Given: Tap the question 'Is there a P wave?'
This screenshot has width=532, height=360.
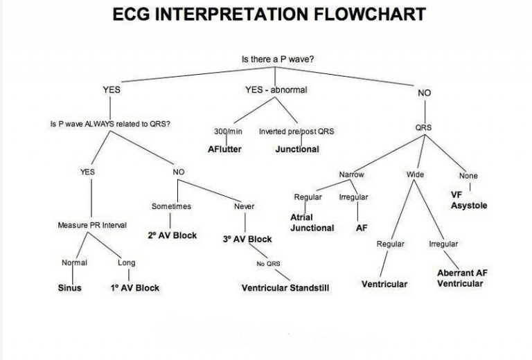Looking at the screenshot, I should click(x=277, y=60).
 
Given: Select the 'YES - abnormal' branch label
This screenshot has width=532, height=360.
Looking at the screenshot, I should click(x=276, y=90).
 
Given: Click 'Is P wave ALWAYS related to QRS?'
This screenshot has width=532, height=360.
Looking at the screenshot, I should click(x=111, y=125).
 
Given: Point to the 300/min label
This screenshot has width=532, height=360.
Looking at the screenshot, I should click(x=227, y=132).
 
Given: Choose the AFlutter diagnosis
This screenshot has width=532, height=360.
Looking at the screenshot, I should click(x=224, y=149).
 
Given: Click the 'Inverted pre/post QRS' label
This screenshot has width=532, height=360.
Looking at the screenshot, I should click(x=296, y=132).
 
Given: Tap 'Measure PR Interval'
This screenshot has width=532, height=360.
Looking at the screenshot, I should click(x=92, y=226).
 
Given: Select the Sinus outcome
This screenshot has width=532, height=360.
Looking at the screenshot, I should click(x=69, y=288).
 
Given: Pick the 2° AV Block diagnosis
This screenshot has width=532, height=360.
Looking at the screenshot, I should click(x=172, y=235).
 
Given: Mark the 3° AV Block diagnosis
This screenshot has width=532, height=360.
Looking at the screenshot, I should click(x=247, y=240).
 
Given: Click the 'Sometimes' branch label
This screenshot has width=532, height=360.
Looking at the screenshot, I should click(x=171, y=206).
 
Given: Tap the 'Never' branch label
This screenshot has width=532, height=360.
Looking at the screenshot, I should click(x=244, y=206).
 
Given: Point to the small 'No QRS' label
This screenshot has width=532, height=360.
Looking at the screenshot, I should click(x=268, y=264).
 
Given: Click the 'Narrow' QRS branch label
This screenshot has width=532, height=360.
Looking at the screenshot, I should click(x=351, y=174).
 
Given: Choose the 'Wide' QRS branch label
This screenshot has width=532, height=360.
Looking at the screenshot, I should click(x=415, y=174).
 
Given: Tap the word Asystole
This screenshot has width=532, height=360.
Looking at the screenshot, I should click(x=469, y=206).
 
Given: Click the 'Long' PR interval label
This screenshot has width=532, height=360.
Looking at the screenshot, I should click(x=127, y=263).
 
